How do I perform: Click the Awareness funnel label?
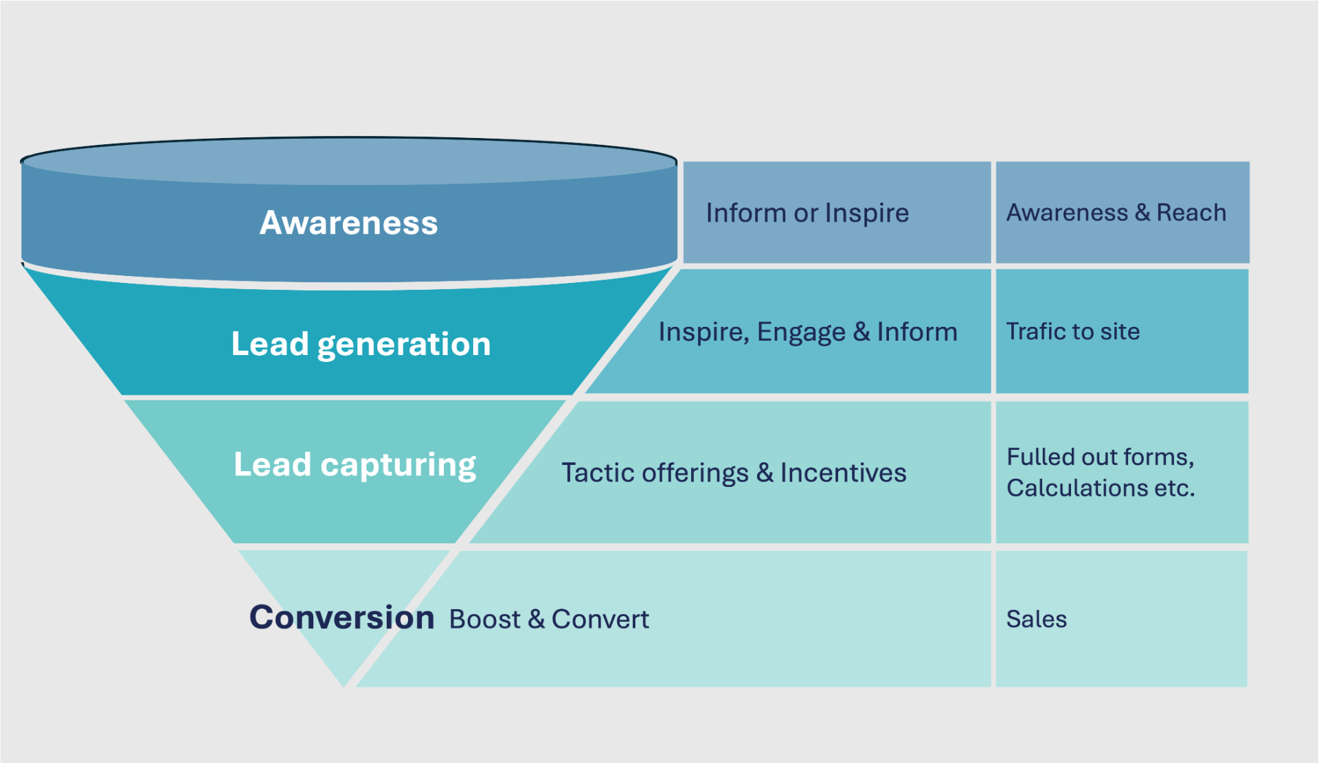(x=348, y=223)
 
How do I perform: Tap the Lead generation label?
(x=361, y=343)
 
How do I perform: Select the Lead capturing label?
(x=354, y=464)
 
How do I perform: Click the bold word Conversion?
(x=341, y=617)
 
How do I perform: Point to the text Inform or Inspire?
(x=807, y=213)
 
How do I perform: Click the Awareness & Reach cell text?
(x=1116, y=213)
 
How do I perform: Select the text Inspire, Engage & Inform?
(x=807, y=332)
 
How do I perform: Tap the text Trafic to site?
(x=1072, y=332)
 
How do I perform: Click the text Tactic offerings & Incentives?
(x=734, y=472)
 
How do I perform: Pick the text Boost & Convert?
(x=549, y=619)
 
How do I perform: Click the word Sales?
(x=1036, y=619)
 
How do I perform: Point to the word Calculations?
(x=1076, y=488)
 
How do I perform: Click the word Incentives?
(x=843, y=472)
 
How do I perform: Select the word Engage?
(x=800, y=332)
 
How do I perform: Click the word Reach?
(x=1191, y=213)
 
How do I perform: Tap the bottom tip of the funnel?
(x=343, y=683)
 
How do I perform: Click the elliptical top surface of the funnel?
(x=348, y=162)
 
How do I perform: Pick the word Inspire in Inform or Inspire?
(x=866, y=214)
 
